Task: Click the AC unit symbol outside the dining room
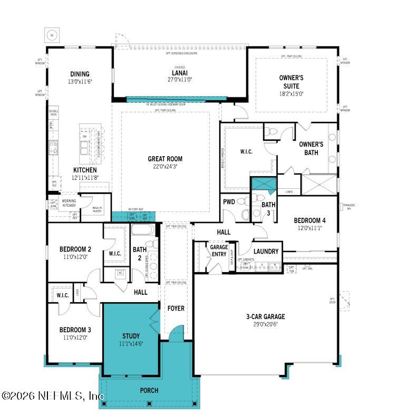(52, 35)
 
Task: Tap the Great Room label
(165, 159)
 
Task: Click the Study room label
(131, 336)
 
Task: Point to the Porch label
(149, 390)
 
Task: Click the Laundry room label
(266, 252)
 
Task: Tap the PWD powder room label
(229, 202)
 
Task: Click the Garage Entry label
(219, 251)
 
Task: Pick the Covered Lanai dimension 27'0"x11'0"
(180, 80)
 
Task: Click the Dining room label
(80, 74)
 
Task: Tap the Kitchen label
(84, 170)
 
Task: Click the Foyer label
(176, 308)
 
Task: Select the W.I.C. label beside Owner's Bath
(246, 152)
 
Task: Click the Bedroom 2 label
(75, 249)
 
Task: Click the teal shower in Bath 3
(263, 185)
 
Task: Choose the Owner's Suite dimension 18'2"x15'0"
(291, 93)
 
